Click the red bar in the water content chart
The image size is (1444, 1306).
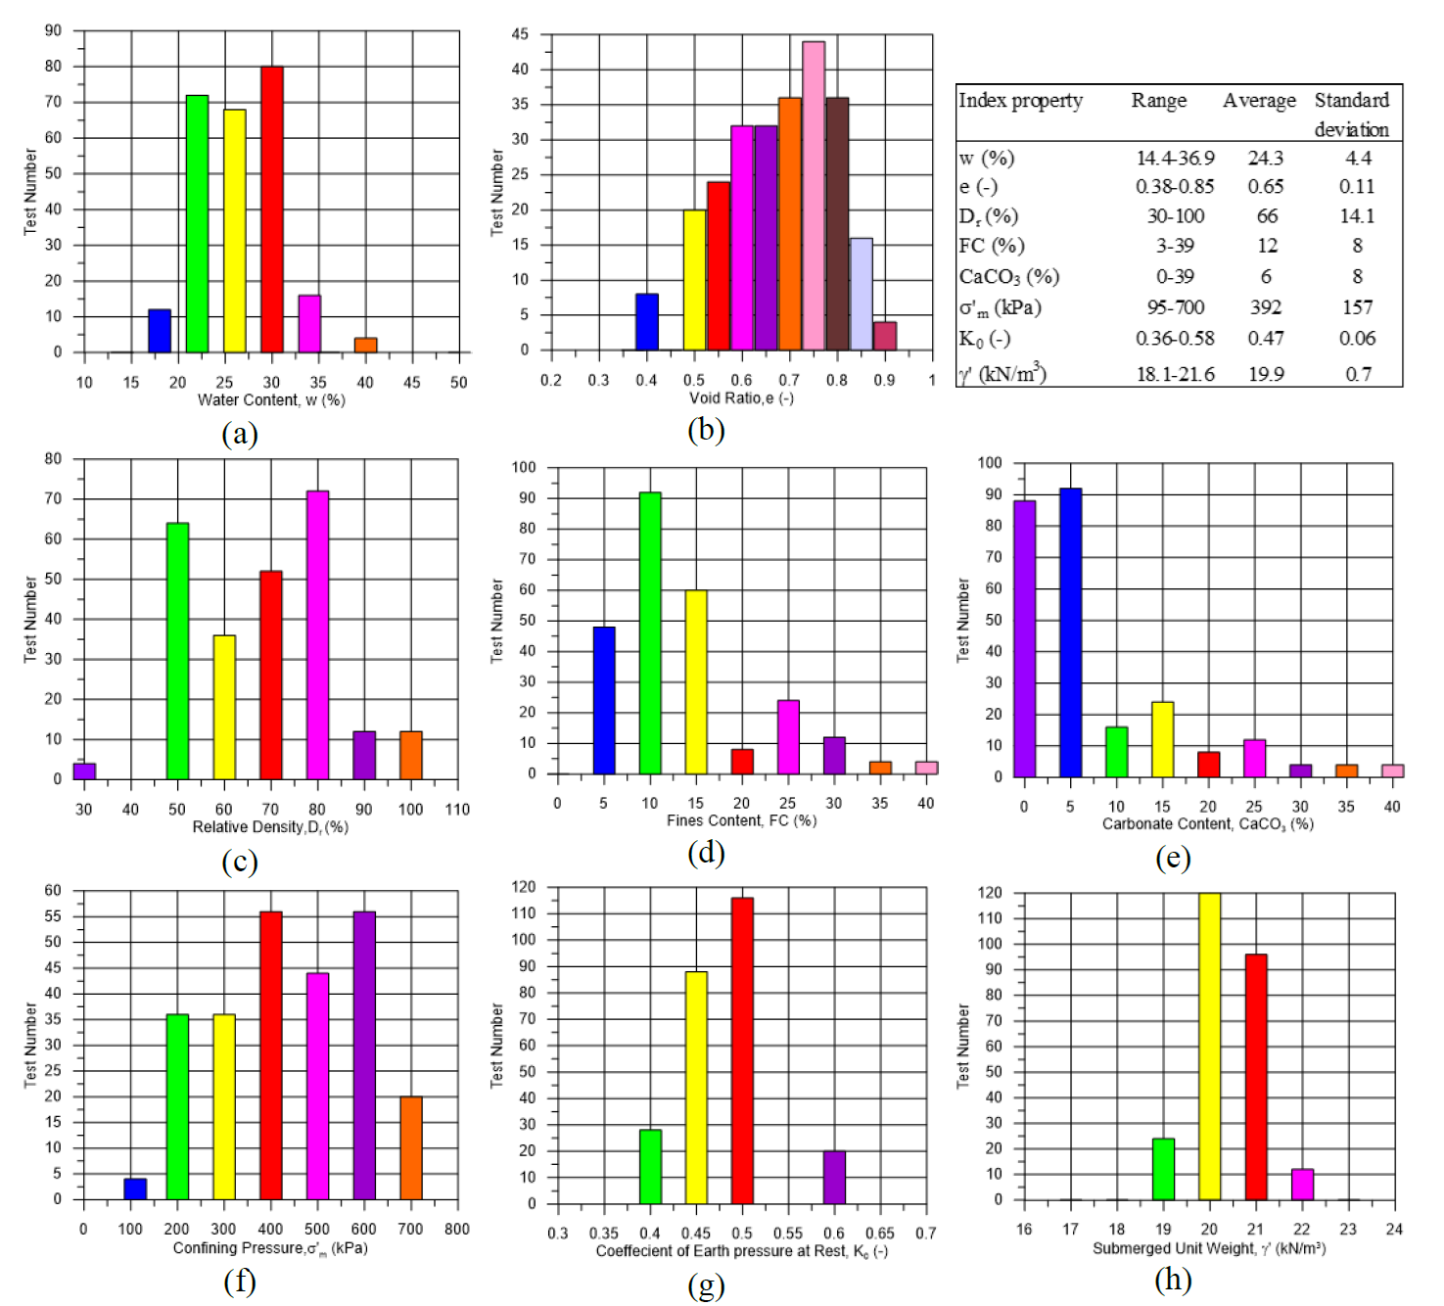(272, 210)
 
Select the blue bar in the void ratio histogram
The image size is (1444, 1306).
(647, 322)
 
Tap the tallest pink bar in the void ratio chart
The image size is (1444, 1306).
(814, 196)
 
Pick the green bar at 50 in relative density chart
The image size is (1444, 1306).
(177, 651)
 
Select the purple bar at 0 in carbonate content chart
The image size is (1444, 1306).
(1025, 638)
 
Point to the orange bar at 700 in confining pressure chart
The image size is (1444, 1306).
(411, 1147)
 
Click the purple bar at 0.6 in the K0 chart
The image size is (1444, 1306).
(834, 1178)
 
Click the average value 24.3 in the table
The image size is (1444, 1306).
(1265, 158)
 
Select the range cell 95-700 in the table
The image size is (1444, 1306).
(1175, 307)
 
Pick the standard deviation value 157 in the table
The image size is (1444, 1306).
(1357, 307)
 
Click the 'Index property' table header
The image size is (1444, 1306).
(1020, 101)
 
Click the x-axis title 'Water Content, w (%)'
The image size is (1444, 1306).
(271, 400)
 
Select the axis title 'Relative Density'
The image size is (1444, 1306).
(270, 827)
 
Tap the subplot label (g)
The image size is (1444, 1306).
(706, 1284)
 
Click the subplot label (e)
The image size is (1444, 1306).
(1172, 858)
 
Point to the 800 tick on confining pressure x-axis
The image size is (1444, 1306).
(457, 1229)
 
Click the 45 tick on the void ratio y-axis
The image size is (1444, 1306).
(520, 34)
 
